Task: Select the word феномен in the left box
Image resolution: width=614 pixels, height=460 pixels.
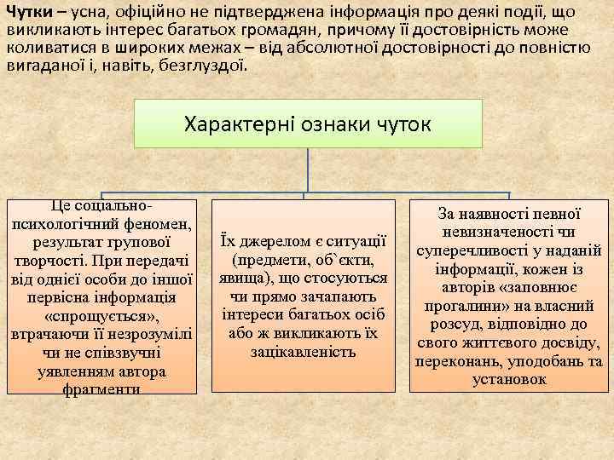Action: (161, 224)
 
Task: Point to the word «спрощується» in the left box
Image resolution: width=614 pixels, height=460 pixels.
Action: (103, 317)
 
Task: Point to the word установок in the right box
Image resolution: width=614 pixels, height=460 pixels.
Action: (509, 380)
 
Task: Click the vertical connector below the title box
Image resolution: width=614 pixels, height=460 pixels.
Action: (308, 167)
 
